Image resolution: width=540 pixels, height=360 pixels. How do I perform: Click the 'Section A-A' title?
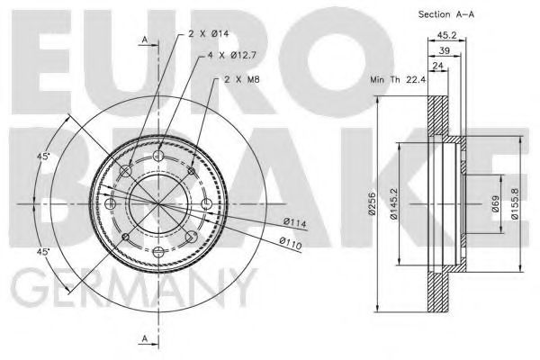(x=445, y=14)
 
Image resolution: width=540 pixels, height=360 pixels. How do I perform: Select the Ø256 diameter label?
(x=372, y=205)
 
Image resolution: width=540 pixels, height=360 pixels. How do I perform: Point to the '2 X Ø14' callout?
(x=209, y=33)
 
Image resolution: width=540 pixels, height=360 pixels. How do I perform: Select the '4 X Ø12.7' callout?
(x=232, y=55)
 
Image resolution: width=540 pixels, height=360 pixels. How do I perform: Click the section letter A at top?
(x=145, y=40)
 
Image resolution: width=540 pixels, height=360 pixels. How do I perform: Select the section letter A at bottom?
(x=145, y=337)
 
